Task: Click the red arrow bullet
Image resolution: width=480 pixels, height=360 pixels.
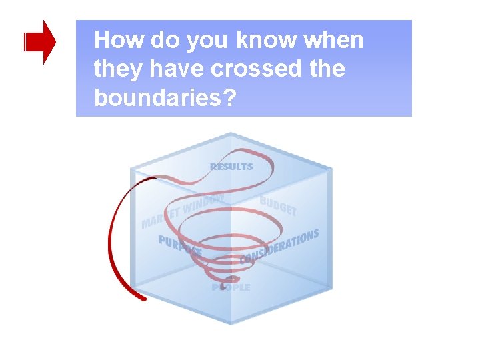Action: tap(39, 42)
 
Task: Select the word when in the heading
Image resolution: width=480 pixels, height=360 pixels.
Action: tap(334, 41)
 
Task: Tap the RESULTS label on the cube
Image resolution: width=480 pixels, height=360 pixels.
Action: tap(231, 166)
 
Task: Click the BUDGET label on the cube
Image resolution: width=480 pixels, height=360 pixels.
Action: tap(277, 205)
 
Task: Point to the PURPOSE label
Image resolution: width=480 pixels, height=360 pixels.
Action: tap(180, 246)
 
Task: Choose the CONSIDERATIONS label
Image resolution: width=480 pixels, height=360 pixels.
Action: tap(279, 246)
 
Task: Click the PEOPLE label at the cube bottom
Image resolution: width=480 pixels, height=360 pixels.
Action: tap(231, 287)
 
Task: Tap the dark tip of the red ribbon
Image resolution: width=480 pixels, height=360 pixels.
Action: tap(142, 297)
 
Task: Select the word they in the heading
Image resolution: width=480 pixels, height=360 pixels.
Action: tap(114, 69)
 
